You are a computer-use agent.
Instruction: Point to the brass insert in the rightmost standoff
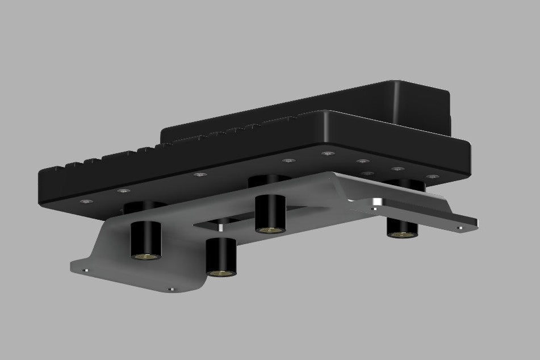402,233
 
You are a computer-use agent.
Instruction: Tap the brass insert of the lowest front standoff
220,273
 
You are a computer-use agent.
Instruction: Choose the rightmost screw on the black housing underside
433,177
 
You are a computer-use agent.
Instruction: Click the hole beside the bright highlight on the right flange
374,209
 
